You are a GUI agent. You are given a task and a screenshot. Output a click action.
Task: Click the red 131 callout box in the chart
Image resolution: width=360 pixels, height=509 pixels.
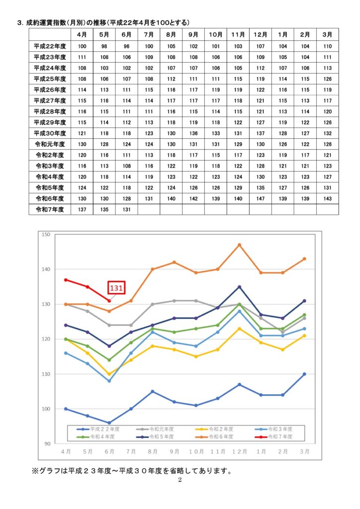tap(116, 287)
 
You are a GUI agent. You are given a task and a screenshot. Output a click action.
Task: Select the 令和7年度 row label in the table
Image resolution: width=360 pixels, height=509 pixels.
tap(50, 210)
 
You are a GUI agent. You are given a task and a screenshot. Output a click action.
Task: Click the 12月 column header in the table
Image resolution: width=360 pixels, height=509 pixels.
tap(261, 34)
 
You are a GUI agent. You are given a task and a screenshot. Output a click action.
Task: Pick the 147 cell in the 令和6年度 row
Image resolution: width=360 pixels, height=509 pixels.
tap(261, 199)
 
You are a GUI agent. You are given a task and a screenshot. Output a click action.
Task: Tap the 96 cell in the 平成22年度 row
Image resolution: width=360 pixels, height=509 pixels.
tap(127, 46)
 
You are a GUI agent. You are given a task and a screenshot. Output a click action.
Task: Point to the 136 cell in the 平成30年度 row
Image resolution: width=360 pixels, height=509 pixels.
tap(193, 133)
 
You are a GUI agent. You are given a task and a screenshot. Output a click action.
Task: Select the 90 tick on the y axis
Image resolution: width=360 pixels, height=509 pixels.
tap(48, 444)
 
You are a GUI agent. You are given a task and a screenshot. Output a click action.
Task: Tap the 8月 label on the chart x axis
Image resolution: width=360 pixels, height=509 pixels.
tap(153, 451)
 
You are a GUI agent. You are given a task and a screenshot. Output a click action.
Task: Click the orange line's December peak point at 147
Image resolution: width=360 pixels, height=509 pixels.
tap(239, 245)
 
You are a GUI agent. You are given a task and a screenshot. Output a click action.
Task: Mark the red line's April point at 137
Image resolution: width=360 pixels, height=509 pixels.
tap(66, 279)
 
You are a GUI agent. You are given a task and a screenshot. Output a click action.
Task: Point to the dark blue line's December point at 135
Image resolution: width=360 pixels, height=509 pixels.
tap(239, 287)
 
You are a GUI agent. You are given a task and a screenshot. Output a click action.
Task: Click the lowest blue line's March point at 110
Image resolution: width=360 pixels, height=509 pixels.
tap(304, 374)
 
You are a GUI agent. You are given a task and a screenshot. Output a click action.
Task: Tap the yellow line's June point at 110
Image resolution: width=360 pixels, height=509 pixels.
tap(109, 374)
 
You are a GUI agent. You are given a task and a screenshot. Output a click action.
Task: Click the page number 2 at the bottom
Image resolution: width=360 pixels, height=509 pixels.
tap(180, 480)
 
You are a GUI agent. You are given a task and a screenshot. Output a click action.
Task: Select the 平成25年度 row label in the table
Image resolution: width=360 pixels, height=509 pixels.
tap(50, 79)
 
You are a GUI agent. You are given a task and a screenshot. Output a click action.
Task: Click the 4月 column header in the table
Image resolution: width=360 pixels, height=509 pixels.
tap(83, 34)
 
